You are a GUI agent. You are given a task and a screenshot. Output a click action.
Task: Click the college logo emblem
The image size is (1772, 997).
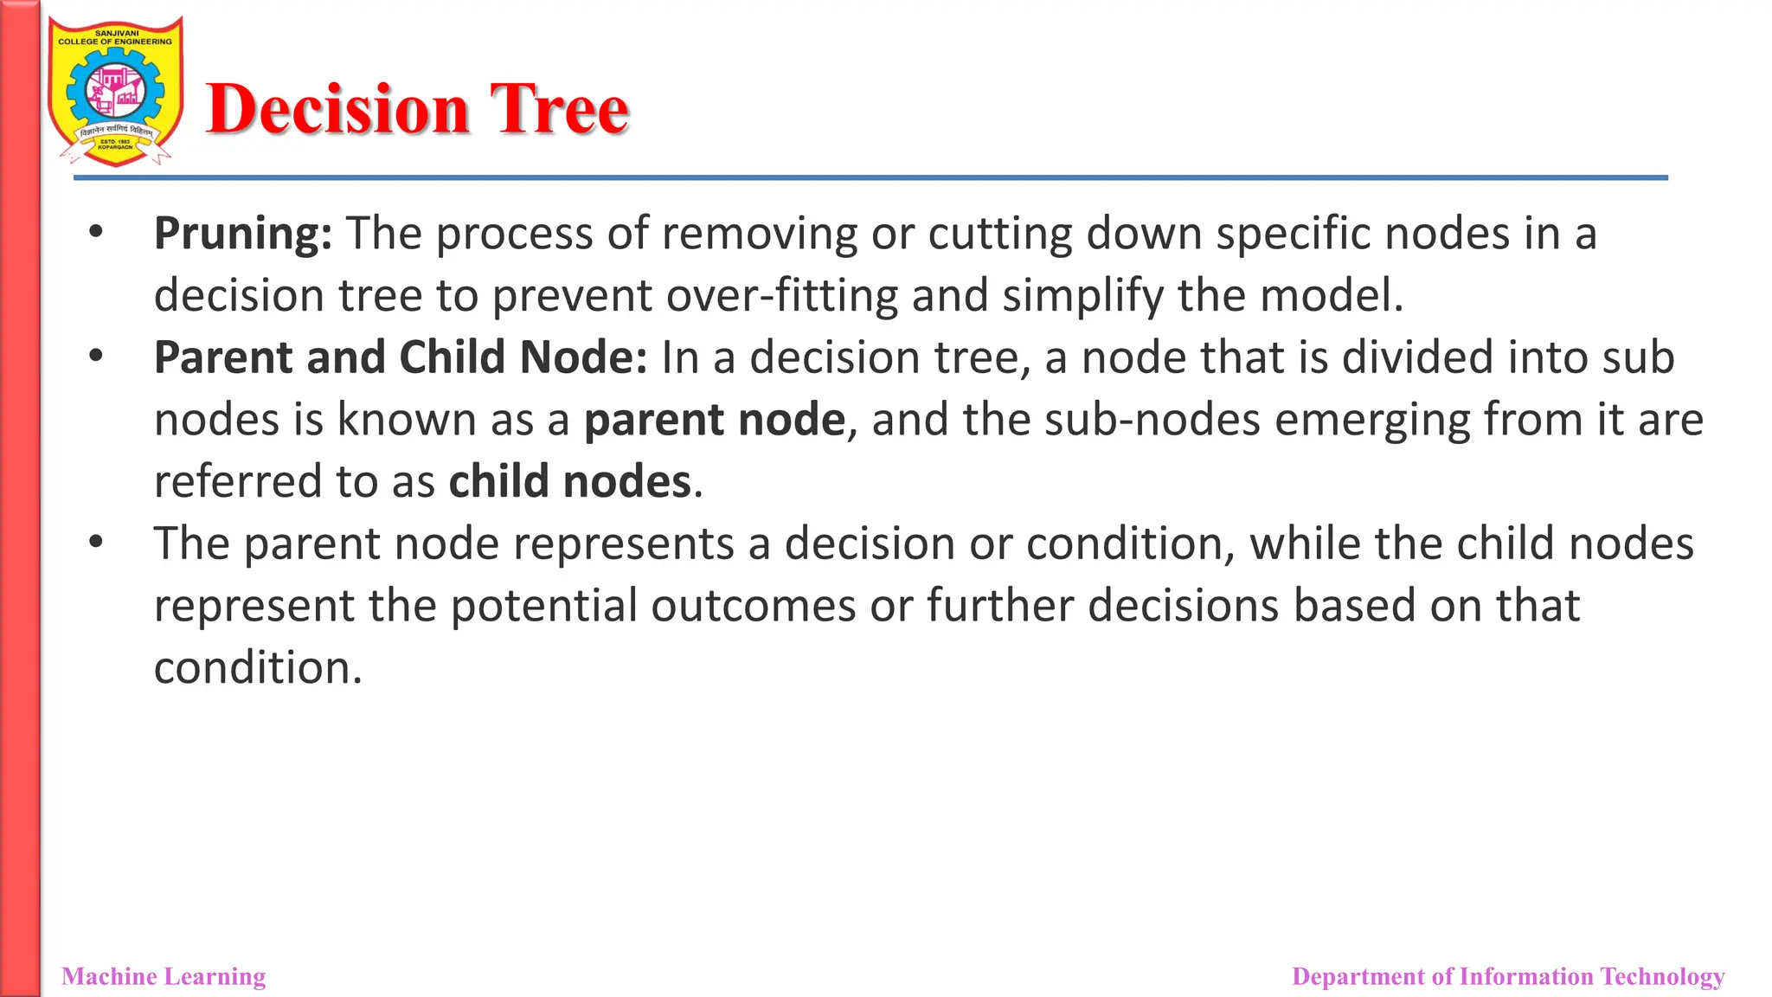click(115, 92)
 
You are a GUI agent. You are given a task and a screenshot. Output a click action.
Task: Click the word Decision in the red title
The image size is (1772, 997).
click(337, 110)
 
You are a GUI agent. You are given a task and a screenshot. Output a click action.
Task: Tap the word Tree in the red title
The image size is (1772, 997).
click(559, 110)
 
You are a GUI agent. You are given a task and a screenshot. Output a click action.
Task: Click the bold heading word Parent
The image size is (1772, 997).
click(222, 358)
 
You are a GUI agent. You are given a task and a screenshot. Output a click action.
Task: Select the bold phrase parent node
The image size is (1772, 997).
click(714, 421)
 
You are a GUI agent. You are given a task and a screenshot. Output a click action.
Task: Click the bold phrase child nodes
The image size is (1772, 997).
click(570, 482)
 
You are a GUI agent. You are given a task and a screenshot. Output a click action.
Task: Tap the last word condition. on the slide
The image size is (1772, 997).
click(258, 668)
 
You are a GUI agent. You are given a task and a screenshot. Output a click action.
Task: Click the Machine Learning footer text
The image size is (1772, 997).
click(164, 976)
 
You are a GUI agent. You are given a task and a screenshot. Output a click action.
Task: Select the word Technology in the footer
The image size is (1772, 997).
click(1662, 976)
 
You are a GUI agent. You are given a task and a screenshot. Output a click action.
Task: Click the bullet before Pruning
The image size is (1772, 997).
click(96, 232)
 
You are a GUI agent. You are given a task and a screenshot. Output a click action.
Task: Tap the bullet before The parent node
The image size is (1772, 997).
click(96, 543)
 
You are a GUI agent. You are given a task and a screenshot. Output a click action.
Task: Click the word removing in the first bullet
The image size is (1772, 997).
click(759, 235)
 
